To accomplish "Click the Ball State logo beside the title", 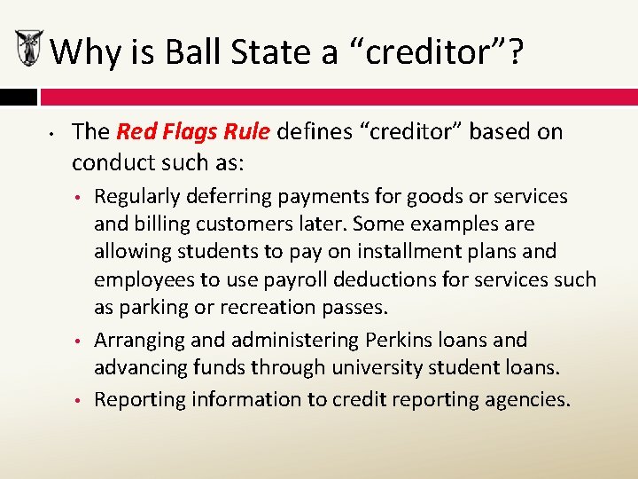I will [29, 47].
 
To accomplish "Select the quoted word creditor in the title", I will [426, 52].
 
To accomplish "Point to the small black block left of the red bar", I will [18, 97].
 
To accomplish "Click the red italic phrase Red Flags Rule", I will [193, 132].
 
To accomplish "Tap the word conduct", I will [112, 162].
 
